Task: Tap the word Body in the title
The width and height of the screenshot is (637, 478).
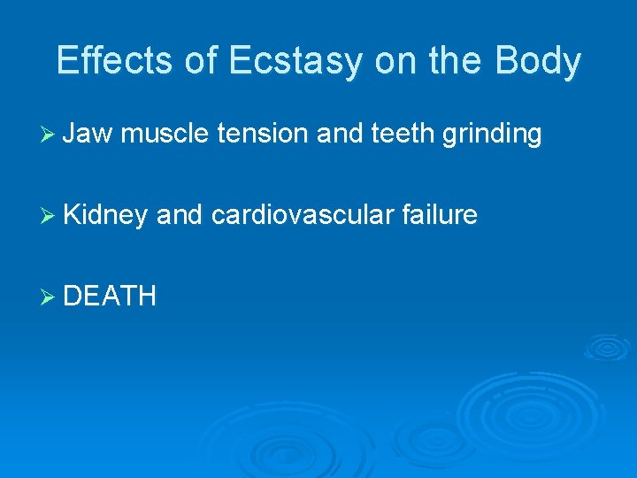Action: coord(538,60)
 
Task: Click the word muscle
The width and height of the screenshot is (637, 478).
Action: coord(165,134)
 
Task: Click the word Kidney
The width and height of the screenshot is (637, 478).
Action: coord(104,214)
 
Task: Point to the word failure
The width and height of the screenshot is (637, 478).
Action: coord(440,214)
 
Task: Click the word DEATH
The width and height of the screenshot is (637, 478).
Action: coord(110,295)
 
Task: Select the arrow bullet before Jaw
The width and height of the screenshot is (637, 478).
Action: coord(50,135)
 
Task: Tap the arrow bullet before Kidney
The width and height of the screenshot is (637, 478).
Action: coord(50,215)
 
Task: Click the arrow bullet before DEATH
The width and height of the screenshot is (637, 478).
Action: coord(50,296)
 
